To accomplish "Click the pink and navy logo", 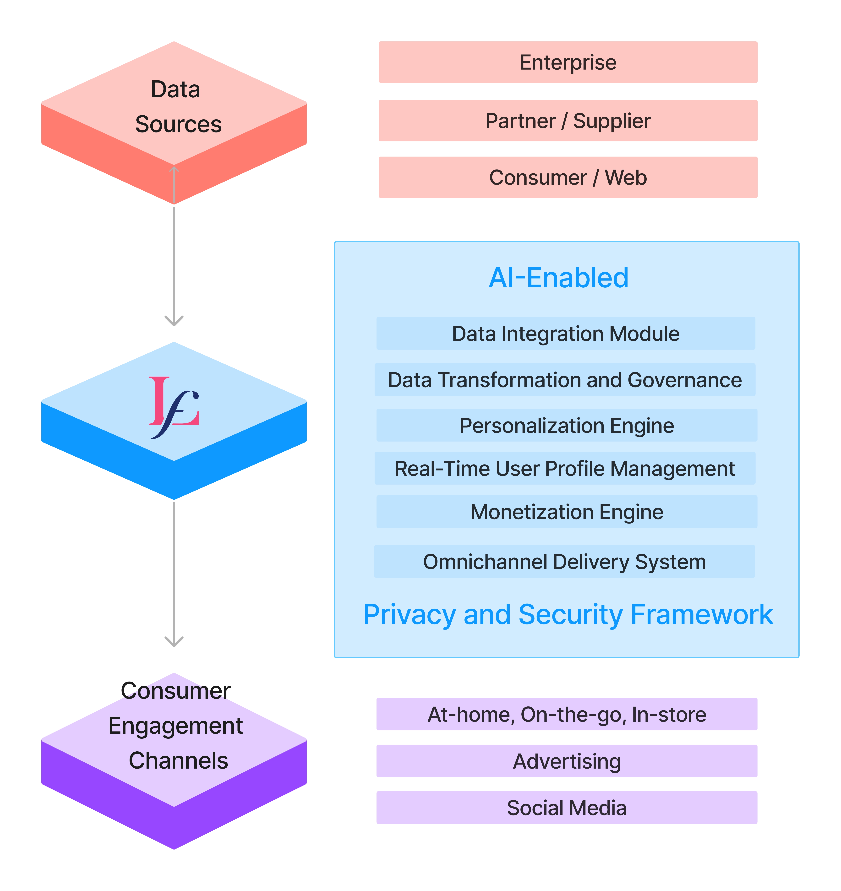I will pos(174,407).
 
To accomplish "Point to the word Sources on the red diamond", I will pos(178,124).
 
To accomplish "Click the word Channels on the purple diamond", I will pos(178,761).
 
